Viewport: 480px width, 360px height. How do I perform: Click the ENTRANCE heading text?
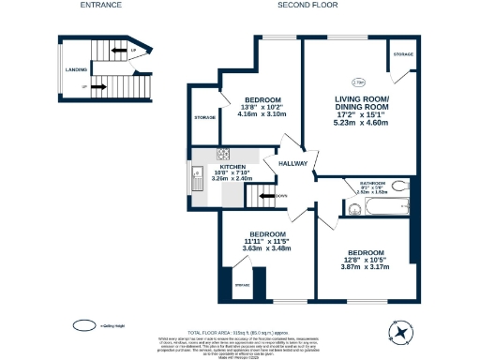tap(100, 6)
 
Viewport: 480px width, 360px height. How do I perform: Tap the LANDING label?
tap(76, 68)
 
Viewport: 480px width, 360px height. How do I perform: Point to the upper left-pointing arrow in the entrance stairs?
tap(119, 50)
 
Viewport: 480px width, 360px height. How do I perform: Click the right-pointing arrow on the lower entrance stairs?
tap(104, 87)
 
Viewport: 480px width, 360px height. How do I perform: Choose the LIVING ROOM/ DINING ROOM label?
tap(362, 102)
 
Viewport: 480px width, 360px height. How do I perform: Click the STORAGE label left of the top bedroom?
tap(205, 117)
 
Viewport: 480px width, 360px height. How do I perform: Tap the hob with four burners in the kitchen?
tap(223, 154)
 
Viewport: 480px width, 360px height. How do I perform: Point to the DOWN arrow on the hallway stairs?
tap(268, 196)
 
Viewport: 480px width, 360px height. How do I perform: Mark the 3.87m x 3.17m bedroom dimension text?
tap(365, 267)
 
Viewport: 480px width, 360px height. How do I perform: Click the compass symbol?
tap(401, 331)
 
